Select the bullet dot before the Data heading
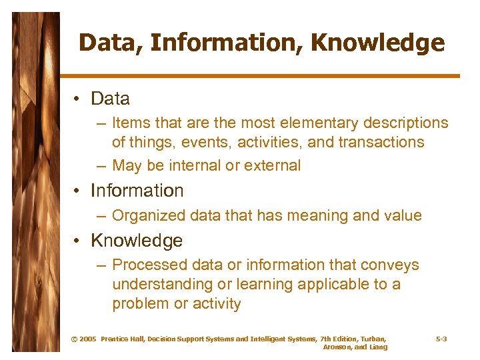(x=78, y=99)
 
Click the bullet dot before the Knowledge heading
(x=78, y=241)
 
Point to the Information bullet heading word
(x=137, y=191)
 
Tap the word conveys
(x=393, y=265)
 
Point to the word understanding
(x=159, y=284)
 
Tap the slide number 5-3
(x=441, y=339)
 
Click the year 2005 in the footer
(x=87, y=339)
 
